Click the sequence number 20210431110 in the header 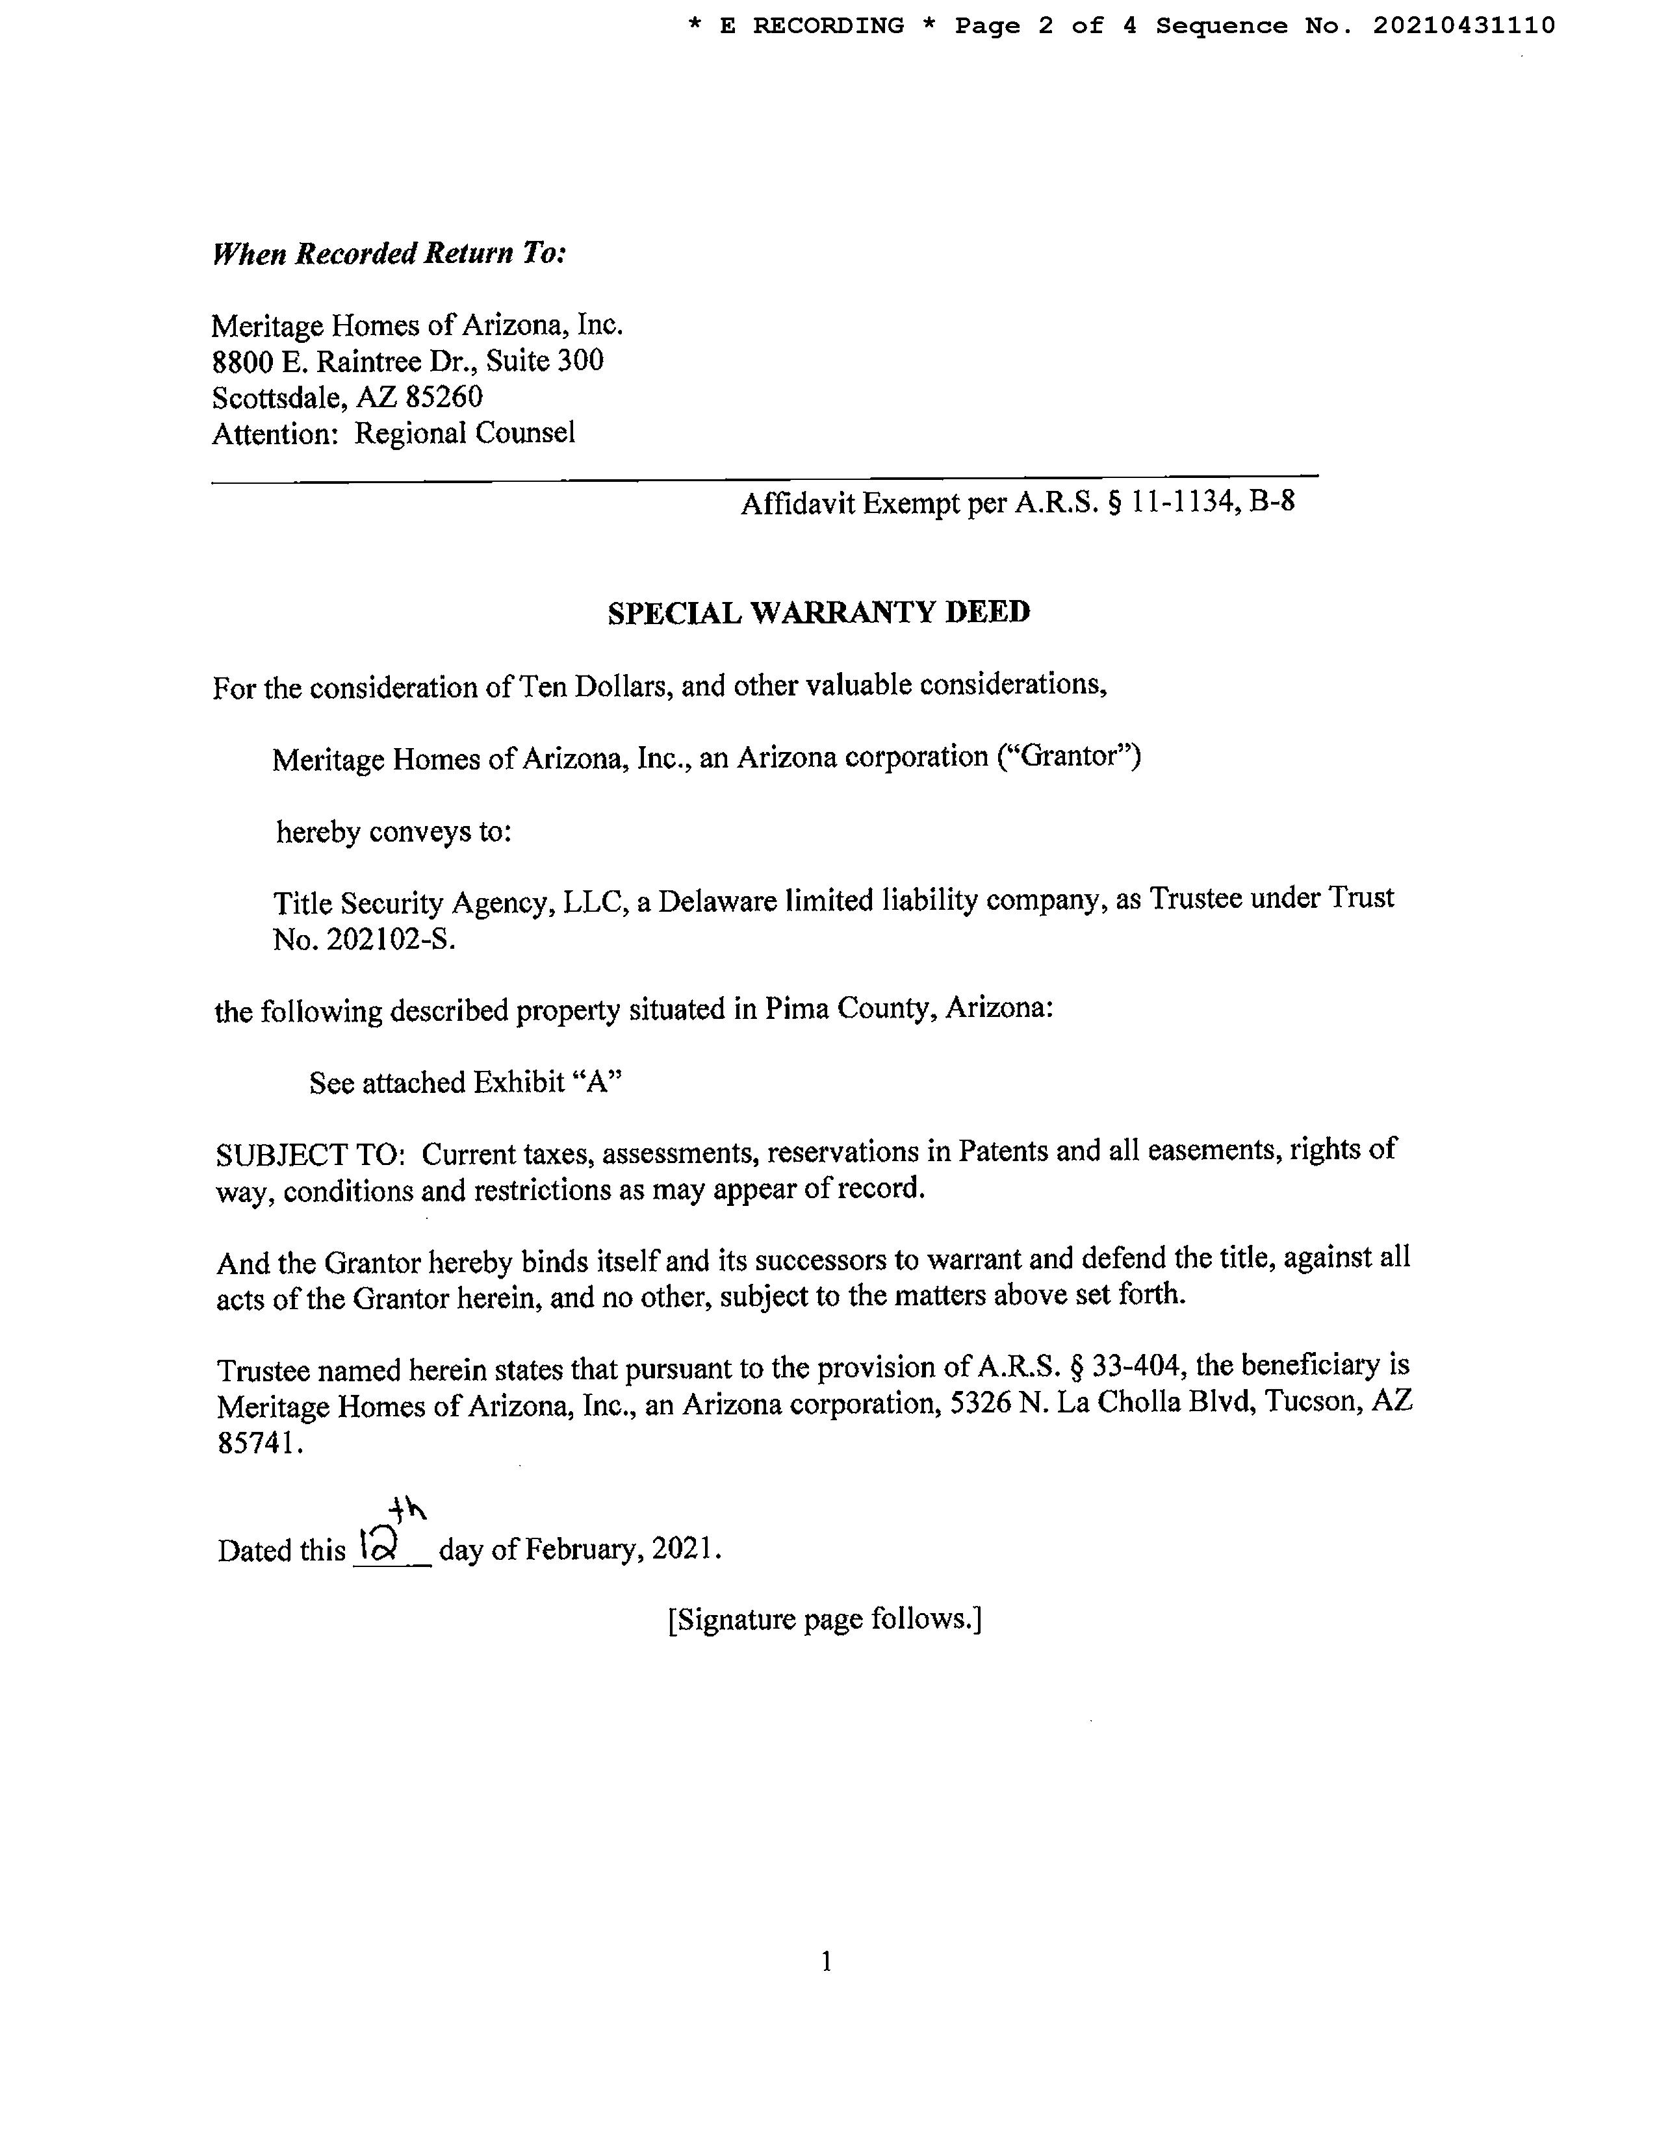(x=1463, y=27)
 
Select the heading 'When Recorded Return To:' (x=389, y=254)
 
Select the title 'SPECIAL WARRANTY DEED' (x=819, y=612)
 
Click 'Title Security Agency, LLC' (x=450, y=902)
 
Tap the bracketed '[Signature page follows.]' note (x=825, y=1619)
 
